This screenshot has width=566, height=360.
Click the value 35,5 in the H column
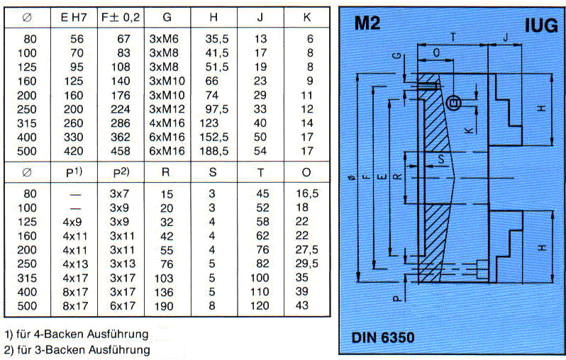click(216, 40)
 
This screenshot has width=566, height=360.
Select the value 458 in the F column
click(122, 150)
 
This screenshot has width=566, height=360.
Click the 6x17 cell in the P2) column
click(122, 305)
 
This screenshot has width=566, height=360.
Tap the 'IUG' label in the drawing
click(540, 25)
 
